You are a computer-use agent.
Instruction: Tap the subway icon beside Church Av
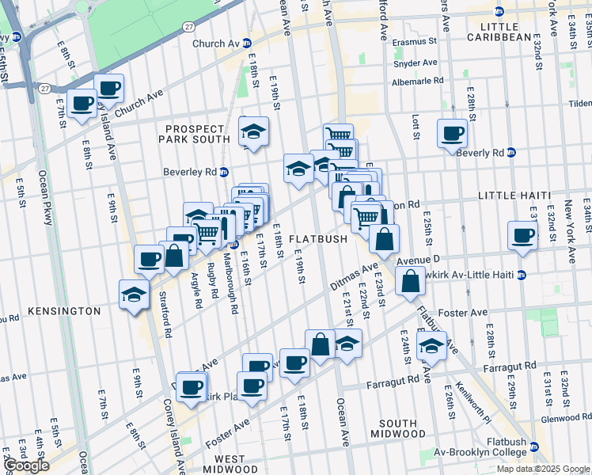(x=246, y=44)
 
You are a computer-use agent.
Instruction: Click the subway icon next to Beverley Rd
(x=224, y=171)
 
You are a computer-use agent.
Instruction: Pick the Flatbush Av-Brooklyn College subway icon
(x=533, y=447)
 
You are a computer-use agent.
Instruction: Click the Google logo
(x=26, y=465)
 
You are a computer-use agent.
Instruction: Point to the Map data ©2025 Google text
(x=542, y=469)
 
